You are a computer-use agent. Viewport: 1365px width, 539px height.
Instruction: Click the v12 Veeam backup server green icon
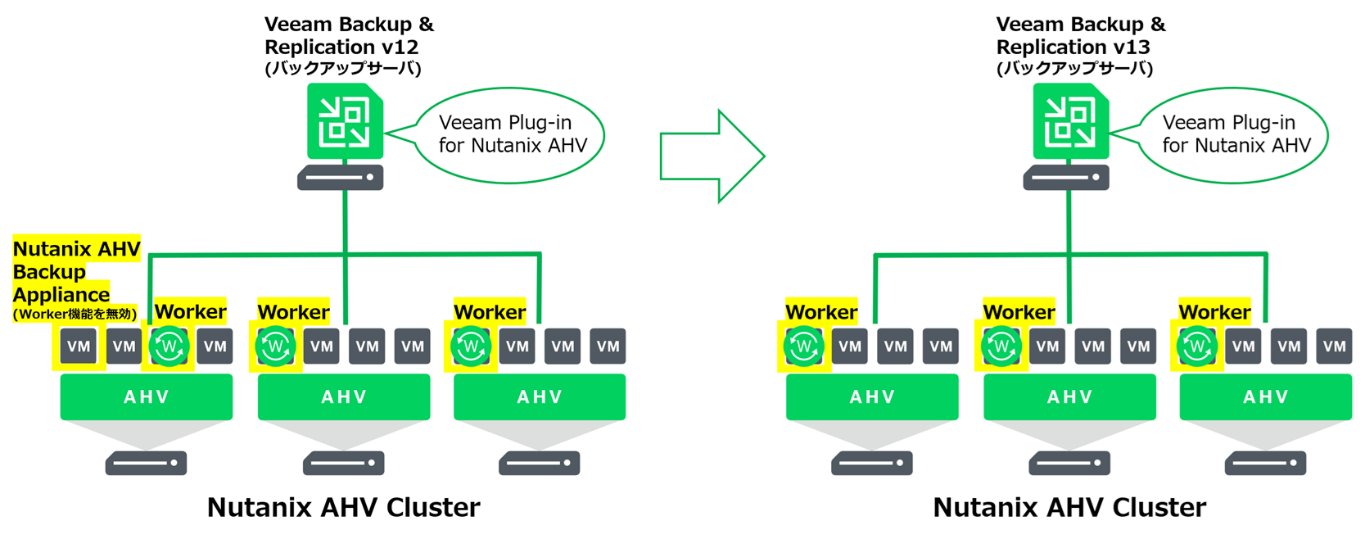[345, 121]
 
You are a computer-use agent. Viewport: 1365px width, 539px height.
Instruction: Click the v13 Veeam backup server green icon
[1070, 121]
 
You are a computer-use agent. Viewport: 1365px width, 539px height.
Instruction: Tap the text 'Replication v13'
[1073, 47]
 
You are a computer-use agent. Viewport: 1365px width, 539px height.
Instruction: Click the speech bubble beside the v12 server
[511, 134]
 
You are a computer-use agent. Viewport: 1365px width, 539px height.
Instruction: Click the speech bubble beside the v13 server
[1235, 134]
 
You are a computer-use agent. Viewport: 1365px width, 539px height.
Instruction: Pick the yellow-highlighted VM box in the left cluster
[79, 346]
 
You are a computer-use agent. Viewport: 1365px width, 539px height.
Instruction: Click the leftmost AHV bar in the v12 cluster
[147, 397]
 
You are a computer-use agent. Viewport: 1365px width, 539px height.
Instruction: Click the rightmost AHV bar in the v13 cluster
[1265, 397]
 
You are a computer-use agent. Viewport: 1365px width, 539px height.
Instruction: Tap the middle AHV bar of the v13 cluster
[1069, 397]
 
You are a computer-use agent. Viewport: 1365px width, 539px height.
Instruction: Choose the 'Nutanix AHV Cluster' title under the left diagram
[343, 507]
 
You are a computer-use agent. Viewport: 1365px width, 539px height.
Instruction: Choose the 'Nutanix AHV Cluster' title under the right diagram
[1069, 507]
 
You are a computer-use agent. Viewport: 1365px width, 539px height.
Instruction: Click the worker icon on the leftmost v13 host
[803, 346]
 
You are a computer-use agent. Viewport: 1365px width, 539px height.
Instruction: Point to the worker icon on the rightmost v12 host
[471, 346]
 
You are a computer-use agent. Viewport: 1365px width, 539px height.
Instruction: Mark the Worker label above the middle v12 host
[293, 312]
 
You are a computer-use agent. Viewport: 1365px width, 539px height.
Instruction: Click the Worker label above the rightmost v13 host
[1214, 312]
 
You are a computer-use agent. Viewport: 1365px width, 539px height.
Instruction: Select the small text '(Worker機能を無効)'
[75, 314]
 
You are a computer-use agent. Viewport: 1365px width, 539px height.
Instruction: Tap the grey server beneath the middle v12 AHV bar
[344, 463]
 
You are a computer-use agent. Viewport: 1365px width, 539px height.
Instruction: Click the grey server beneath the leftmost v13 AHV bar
[872, 463]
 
